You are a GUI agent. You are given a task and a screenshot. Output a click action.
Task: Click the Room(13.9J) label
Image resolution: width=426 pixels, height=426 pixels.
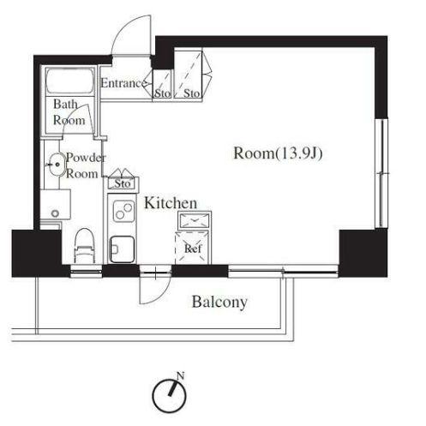coord(278,153)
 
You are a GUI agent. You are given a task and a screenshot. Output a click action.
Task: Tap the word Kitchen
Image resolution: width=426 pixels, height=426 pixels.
coord(171,203)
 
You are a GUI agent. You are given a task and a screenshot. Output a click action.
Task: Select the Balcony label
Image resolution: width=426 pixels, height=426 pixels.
coord(219,303)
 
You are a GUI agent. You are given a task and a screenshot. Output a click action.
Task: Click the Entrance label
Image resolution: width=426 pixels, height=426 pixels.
coord(123,83)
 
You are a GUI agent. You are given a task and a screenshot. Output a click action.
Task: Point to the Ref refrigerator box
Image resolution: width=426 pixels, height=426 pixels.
coord(193,248)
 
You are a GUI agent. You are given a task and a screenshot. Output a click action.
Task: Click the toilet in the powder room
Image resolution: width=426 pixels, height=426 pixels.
coord(84,246)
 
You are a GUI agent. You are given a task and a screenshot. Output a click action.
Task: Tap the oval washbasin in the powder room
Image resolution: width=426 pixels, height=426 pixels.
coord(57,165)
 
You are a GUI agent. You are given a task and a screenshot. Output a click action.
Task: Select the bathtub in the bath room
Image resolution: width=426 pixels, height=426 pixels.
coord(70,81)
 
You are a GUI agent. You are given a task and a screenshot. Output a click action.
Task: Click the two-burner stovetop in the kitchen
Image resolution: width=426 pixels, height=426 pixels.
coord(123,211)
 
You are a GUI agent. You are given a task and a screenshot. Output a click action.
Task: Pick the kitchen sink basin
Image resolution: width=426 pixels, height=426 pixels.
coord(123,249)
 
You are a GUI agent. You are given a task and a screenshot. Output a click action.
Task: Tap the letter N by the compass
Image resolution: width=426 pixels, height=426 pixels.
coord(180,375)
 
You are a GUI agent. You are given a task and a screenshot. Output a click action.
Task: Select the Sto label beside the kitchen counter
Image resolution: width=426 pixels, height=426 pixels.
coord(123,183)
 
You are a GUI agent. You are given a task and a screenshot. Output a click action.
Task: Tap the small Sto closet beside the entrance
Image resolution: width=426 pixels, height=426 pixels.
coord(162,84)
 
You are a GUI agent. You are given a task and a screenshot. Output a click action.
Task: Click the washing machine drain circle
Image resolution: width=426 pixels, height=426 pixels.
coord(55,213)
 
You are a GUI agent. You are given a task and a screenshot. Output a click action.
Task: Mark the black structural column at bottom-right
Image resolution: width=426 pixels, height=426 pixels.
coord(363,253)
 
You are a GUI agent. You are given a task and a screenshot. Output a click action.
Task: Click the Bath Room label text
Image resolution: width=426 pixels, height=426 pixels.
coord(69,112)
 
